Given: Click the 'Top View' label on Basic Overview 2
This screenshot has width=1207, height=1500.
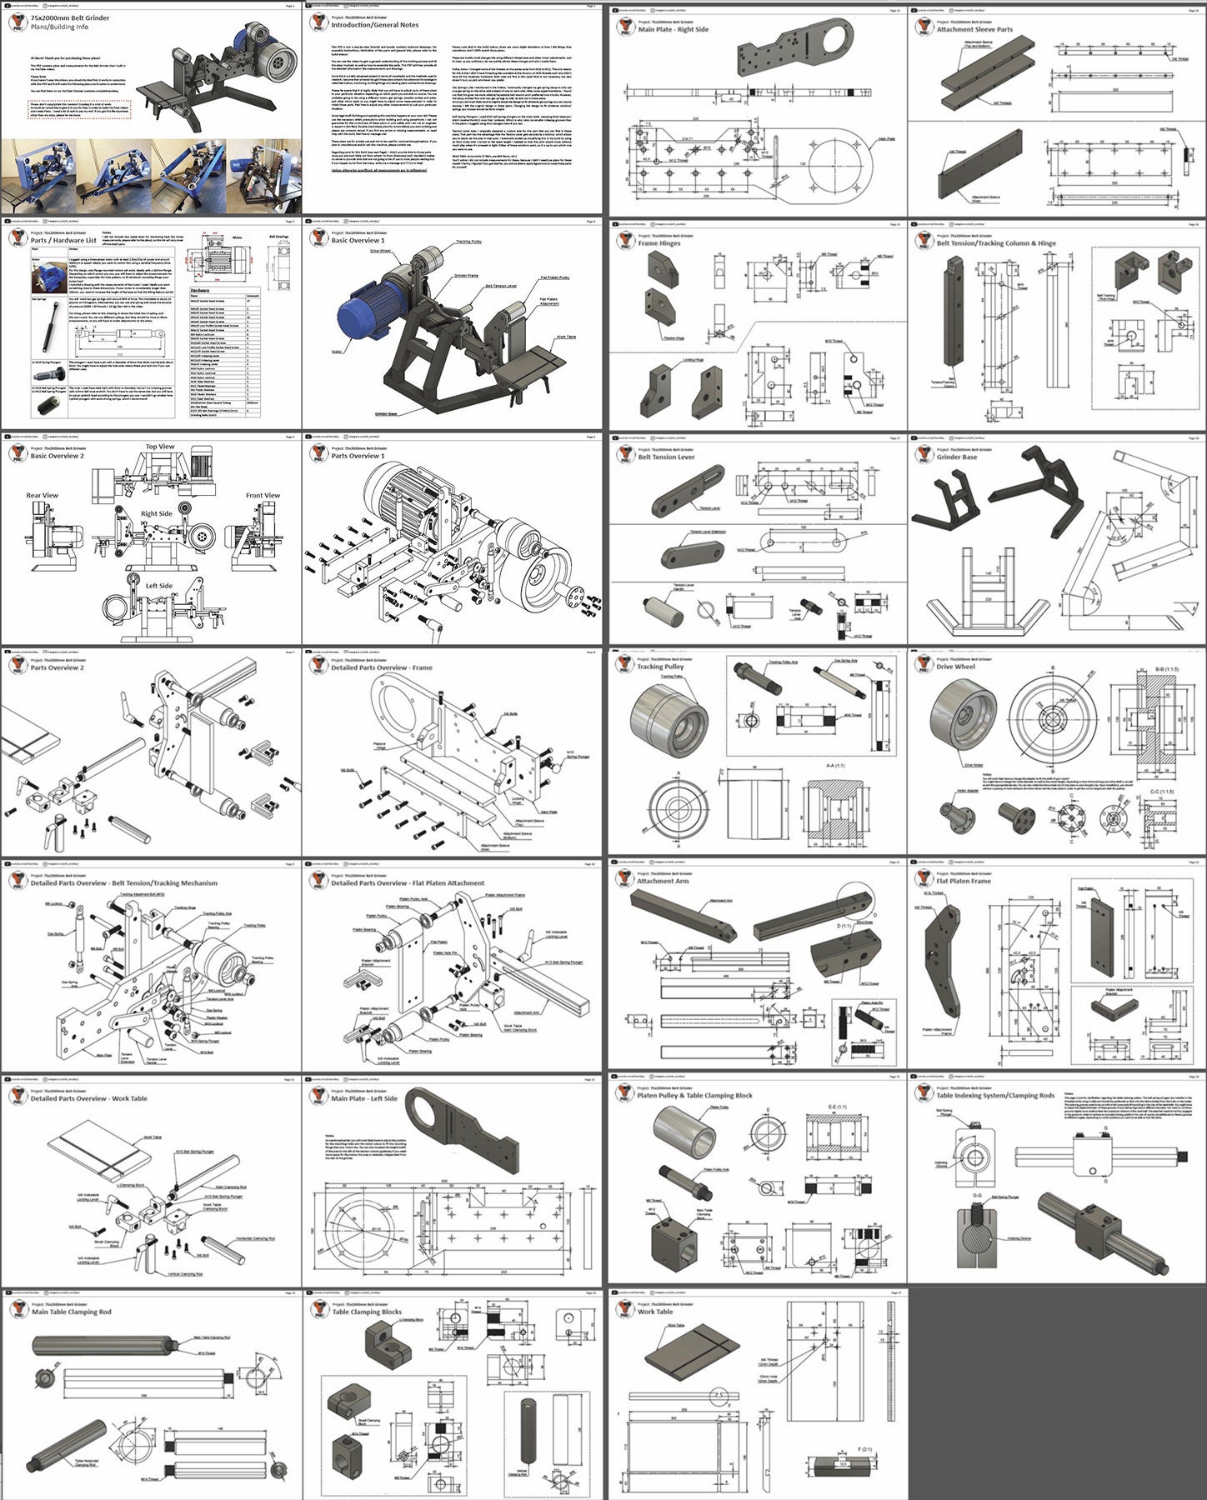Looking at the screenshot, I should click(160, 447).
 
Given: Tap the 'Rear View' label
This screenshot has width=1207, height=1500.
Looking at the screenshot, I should click(42, 495).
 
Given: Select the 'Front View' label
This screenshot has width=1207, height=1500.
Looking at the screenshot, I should click(263, 495).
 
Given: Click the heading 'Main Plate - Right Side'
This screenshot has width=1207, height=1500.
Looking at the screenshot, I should click(673, 29).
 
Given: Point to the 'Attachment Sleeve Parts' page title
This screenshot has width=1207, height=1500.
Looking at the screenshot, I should click(974, 29).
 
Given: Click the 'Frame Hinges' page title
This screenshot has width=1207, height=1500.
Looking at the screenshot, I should click(659, 243).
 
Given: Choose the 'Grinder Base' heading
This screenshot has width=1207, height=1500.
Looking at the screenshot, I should click(956, 457).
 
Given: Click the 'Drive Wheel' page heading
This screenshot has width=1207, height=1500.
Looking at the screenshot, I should click(954, 667).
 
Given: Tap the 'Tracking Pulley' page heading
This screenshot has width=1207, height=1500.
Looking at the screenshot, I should click(660, 667).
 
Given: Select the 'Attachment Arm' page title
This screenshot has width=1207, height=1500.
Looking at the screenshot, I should click(663, 881).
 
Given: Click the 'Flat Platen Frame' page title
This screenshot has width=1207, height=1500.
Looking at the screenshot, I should click(964, 881).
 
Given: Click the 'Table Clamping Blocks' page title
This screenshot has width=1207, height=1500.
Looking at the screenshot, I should click(367, 1312).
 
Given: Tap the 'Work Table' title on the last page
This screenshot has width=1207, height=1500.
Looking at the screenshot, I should click(654, 1312).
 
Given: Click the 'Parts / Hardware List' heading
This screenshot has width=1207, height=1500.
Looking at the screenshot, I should click(63, 240).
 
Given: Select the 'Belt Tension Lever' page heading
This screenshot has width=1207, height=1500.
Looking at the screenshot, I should click(666, 457).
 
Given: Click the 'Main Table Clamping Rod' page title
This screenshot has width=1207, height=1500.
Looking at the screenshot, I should click(71, 1312).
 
